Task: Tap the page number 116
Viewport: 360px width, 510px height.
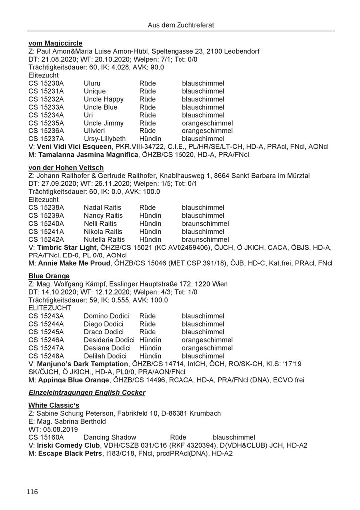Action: [x=32, y=492]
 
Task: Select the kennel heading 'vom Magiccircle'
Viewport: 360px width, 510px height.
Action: [x=55, y=43]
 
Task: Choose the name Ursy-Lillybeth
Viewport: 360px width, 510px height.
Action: [x=105, y=138]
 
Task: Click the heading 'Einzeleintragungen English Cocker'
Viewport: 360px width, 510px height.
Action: [x=87, y=393]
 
